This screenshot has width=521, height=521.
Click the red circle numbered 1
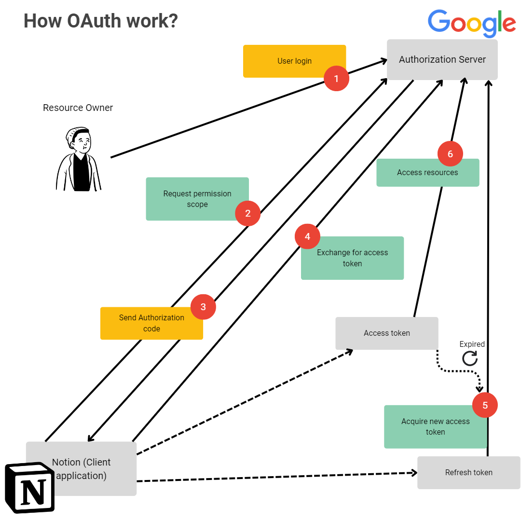pyautogui.click(x=336, y=78)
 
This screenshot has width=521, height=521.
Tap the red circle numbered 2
pyautogui.click(x=247, y=213)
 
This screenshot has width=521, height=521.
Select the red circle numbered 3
pyautogui.click(x=203, y=307)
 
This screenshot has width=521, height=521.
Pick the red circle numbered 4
pyautogui.click(x=308, y=236)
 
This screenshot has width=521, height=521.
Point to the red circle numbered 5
pyautogui.click(x=485, y=405)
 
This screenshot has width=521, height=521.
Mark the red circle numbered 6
pyautogui.click(x=450, y=154)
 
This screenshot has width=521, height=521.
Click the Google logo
pyautogui.click(x=471, y=23)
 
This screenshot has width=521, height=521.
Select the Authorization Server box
pyautogui.click(x=442, y=60)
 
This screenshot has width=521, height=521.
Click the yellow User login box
pyautogui.click(x=294, y=61)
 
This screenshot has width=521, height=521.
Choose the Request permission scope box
pyautogui.click(x=197, y=199)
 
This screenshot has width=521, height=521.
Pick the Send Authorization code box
pyautogui.click(x=151, y=323)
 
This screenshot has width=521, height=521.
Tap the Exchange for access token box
pyautogui.click(x=352, y=258)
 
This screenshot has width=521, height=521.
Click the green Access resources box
pyautogui.click(x=427, y=173)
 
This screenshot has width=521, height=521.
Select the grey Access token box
pyautogui.click(x=386, y=333)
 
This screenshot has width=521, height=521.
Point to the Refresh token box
pyautogui.click(x=468, y=473)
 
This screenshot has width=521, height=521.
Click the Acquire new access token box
pyautogui.click(x=435, y=427)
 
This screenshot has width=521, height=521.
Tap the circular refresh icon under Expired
pyautogui.click(x=470, y=358)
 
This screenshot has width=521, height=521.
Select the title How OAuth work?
pyautogui.click(x=101, y=21)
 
